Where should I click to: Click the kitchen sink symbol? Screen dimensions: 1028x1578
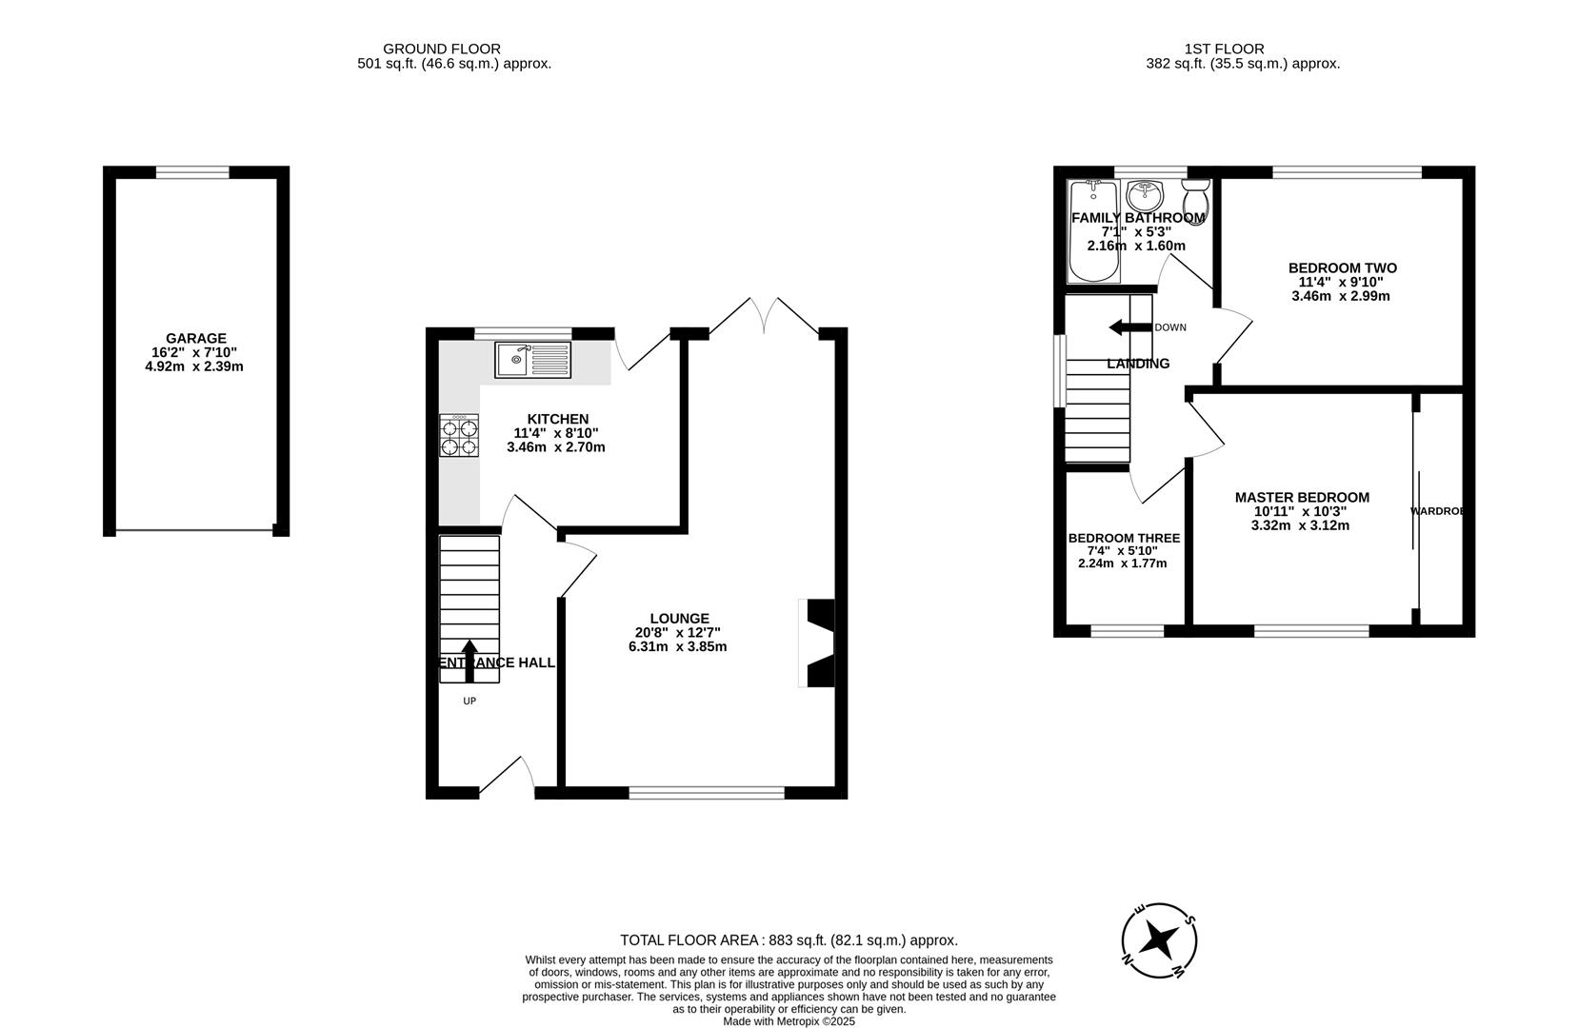coord(532,361)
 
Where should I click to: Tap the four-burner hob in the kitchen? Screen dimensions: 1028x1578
coord(459,436)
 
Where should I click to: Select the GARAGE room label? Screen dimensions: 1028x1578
coord(196,338)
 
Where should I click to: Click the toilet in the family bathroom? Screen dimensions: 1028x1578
coord(1195,199)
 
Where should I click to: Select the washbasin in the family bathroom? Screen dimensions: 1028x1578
coord(1144,197)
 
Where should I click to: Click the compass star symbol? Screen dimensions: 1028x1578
coord(1159,940)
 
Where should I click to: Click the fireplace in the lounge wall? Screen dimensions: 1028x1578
coord(817,642)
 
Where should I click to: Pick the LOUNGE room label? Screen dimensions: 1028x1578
coord(680,619)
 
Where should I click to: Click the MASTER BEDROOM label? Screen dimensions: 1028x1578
coord(1301,498)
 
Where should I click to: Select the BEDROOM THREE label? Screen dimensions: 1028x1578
coord(1124,539)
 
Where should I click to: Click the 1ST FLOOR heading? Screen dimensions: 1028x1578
coord(1224,49)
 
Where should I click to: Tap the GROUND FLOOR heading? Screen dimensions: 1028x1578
coord(442,49)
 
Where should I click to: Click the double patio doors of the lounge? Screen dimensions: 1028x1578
coord(765,315)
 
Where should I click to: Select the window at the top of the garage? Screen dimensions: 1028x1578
coord(192,172)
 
